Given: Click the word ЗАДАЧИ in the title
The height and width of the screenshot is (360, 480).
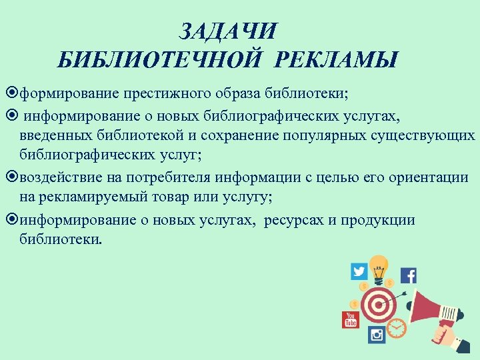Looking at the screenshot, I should tap(228, 31).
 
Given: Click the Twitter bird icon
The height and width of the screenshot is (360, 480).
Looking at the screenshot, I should tap(359, 271).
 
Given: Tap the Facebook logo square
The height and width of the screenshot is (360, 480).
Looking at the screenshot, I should tap(408, 275).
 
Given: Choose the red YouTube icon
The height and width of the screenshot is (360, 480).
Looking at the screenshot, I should tap(351, 319).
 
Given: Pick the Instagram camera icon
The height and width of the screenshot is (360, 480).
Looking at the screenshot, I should tap(377, 335).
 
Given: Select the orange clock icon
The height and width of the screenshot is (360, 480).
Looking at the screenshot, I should tap(396, 328).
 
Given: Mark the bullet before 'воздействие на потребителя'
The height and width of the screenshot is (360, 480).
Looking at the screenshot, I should tap(15, 179).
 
